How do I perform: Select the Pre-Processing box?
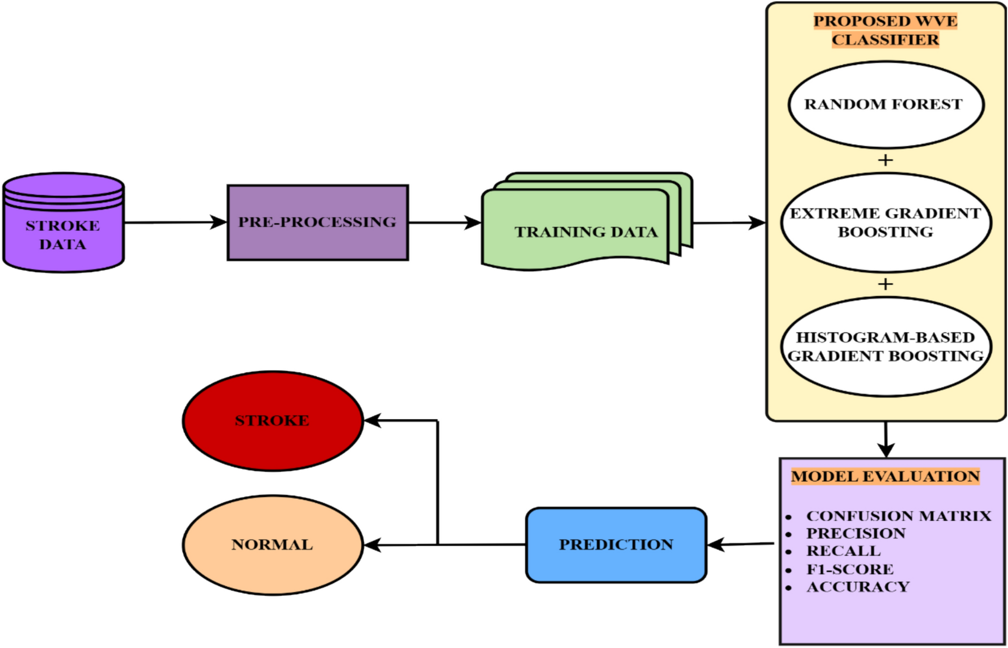coord(318,222)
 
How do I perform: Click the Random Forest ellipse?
coord(885,104)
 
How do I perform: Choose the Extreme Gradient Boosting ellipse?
coord(885,222)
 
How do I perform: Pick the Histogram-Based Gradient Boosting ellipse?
coord(885,346)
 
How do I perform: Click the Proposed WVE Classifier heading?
coord(885,30)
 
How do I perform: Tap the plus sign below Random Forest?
coord(885,160)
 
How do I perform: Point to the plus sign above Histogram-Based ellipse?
coord(885,284)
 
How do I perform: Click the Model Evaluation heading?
coord(885,476)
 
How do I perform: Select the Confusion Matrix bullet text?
coord(898,515)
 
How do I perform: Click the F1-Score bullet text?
coord(850,569)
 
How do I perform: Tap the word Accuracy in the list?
coord(857,587)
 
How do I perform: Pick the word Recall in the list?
coord(843,551)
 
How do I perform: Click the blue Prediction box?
coord(616,544)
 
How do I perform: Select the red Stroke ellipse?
coord(272,420)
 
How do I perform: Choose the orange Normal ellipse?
coord(272,544)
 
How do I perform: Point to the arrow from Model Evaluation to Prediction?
coord(741,544)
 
